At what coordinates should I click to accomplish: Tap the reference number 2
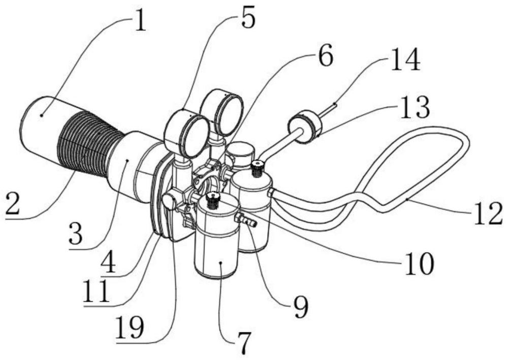point(12,202)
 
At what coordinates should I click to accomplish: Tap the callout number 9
point(301,307)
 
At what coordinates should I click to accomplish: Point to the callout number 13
point(415,107)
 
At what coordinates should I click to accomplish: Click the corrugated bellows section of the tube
point(89,143)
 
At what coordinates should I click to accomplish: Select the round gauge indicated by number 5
point(186,134)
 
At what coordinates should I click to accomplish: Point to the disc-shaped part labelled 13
point(304,127)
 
